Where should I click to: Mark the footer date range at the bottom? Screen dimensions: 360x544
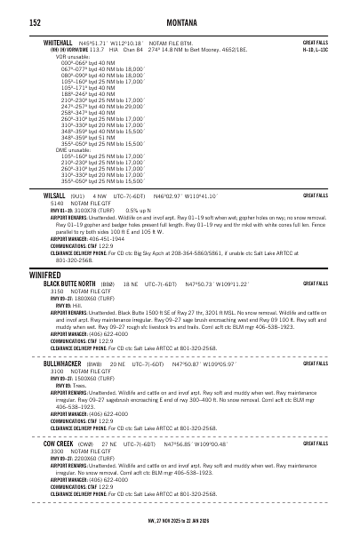(180, 522)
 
